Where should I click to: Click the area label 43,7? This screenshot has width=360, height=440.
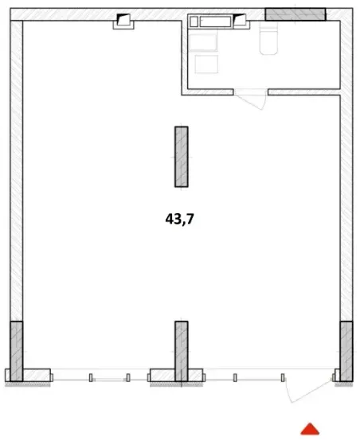pos(180,219)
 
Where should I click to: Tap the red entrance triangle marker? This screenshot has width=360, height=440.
pos(310,429)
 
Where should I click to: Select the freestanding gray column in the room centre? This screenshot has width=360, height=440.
pos(182,157)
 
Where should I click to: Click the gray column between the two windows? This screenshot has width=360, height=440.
pos(182,352)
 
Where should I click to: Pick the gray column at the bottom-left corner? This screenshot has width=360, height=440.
pos(17,352)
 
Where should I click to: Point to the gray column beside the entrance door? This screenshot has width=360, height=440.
pos(346,352)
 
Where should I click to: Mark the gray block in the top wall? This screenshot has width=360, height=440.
pos(295,14)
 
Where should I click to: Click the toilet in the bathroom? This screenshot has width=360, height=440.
pos(268,38)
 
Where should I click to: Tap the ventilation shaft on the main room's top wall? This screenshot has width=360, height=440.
pos(123,22)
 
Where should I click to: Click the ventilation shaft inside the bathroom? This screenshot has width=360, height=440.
pos(241,21)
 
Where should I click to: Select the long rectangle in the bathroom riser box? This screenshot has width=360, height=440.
pos(215,21)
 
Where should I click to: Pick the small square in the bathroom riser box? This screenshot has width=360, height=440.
pos(194,21)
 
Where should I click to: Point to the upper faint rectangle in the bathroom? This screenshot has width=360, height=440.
pos(203,42)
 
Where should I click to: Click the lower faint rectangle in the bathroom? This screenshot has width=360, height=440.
pos(206,64)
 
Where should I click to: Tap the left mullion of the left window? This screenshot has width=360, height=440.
pos(91,378)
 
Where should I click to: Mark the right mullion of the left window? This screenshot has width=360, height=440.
pos(128,378)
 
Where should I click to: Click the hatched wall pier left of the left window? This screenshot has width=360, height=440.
pos(37,376)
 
